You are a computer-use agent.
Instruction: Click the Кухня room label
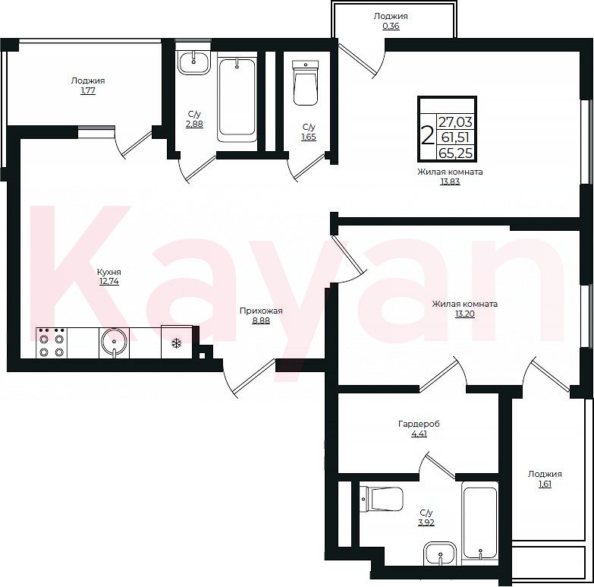109,272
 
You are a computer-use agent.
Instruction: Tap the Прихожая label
261,311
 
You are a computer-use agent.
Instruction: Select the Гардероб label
419,424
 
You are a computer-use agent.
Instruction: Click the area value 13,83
450,181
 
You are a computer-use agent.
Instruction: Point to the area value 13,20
465,314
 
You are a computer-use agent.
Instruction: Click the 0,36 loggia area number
391,26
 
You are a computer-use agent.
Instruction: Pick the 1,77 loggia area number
88,90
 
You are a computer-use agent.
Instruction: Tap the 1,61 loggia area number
545,484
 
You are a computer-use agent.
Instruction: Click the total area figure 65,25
456,153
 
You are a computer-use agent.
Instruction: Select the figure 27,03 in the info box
456,122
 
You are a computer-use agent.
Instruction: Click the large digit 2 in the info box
427,136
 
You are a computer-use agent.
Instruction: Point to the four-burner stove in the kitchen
52,342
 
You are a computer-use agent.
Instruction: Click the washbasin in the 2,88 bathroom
194,62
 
